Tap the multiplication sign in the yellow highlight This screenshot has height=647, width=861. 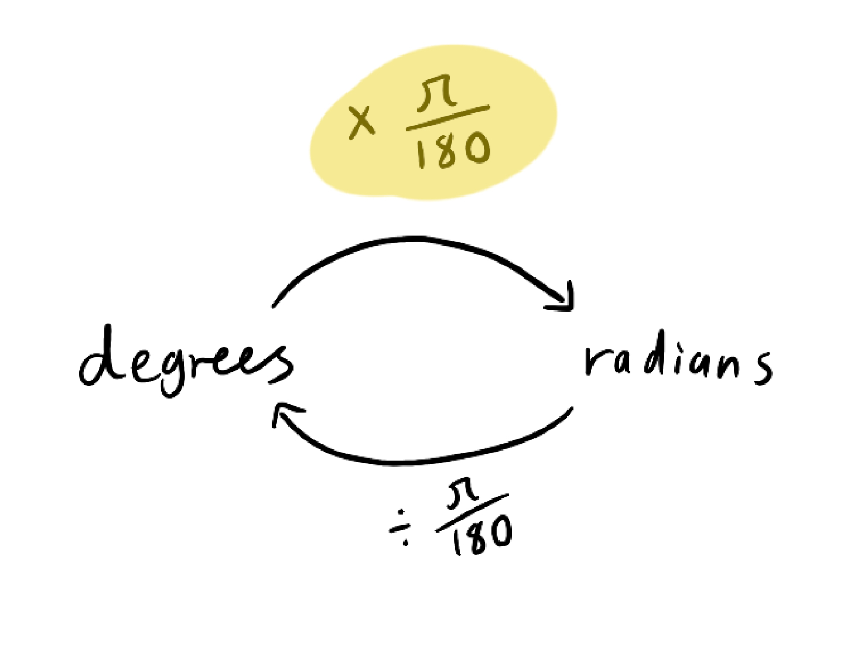361,121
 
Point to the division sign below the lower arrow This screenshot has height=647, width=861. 402,527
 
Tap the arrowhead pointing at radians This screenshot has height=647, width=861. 566,299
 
